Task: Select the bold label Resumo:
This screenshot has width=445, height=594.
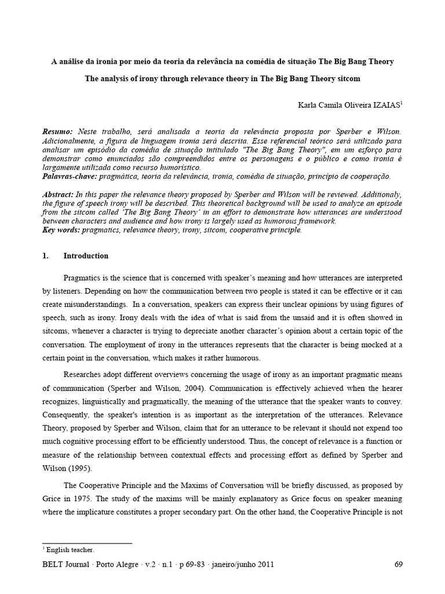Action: pyautogui.click(x=59, y=132)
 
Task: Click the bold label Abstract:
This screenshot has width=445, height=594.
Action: pyautogui.click(x=60, y=195)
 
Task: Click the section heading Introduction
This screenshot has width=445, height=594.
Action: pyautogui.click(x=86, y=256)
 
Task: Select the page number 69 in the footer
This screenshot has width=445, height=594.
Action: pyautogui.click(x=398, y=564)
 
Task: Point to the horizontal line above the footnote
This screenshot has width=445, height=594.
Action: pyautogui.click(x=87, y=543)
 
